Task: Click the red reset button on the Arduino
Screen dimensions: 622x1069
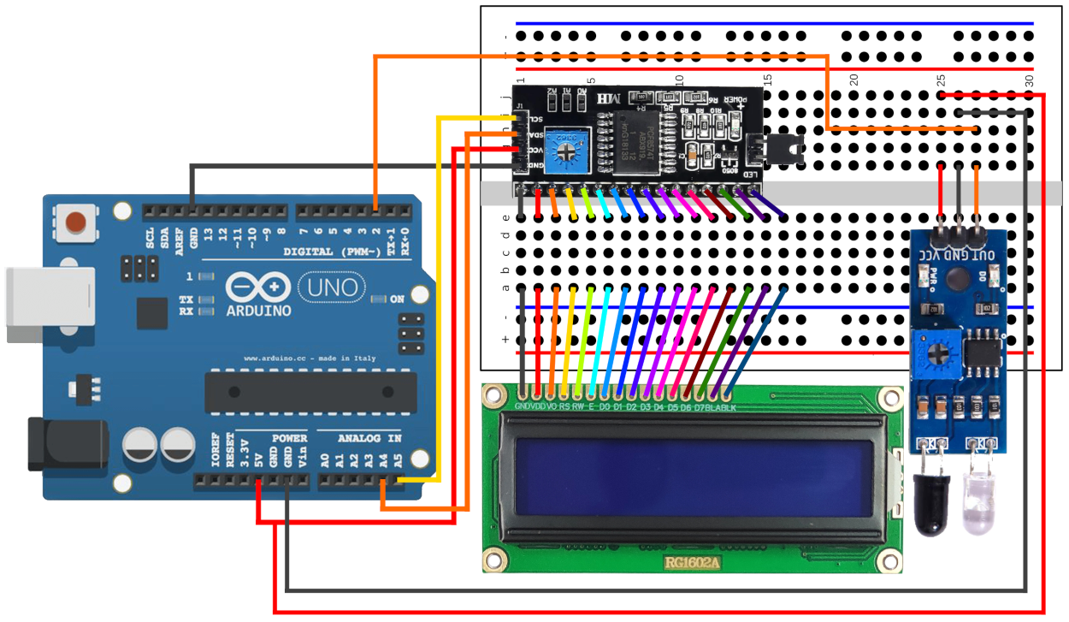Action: (77, 221)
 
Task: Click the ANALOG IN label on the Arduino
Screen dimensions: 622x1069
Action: (369, 438)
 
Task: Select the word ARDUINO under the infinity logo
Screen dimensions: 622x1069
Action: (259, 310)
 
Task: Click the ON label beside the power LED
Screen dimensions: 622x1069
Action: (398, 299)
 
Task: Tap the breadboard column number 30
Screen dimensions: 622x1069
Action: (1029, 80)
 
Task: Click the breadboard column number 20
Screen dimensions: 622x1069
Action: (853, 80)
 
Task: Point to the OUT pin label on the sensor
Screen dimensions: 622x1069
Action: (984, 254)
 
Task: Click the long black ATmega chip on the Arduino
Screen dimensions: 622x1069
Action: (310, 392)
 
